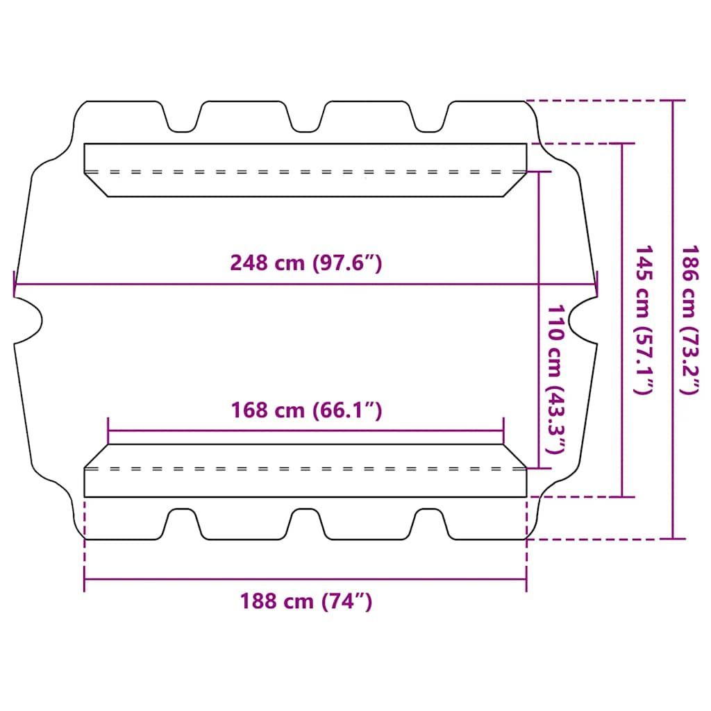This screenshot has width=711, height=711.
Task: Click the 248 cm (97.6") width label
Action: [x=306, y=262]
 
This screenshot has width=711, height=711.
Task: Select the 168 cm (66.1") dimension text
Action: [x=306, y=410]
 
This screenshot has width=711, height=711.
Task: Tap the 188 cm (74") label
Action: [x=306, y=601]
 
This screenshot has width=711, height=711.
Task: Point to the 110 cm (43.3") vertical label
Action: [x=555, y=378]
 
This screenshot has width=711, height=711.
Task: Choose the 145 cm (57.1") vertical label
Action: [x=644, y=320]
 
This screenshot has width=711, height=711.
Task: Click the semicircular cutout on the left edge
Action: [x=28, y=321]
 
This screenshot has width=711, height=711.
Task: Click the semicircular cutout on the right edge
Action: [x=583, y=321]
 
